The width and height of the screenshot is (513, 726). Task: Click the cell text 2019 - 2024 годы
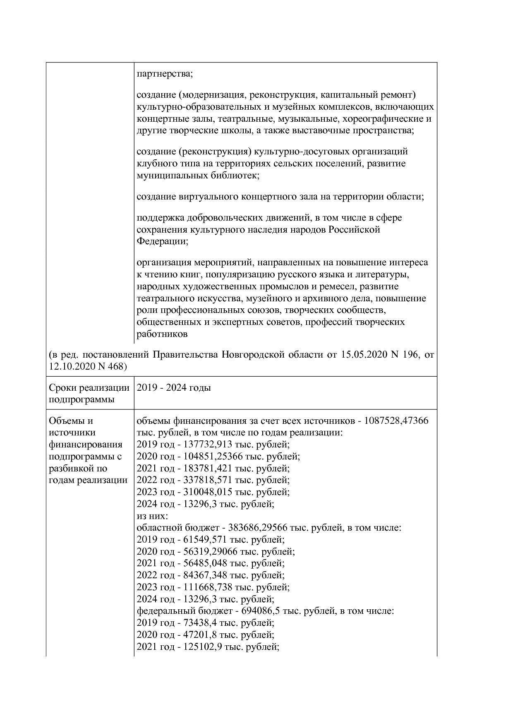pyautogui.click(x=174, y=388)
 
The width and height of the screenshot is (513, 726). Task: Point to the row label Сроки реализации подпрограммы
pyautogui.click(x=89, y=394)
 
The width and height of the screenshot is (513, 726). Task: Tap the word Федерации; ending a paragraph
pyautogui.click(x=162, y=241)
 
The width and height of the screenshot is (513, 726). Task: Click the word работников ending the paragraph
pyautogui.click(x=162, y=334)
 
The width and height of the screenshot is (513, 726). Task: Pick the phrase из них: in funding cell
pyautogui.click(x=152, y=516)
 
